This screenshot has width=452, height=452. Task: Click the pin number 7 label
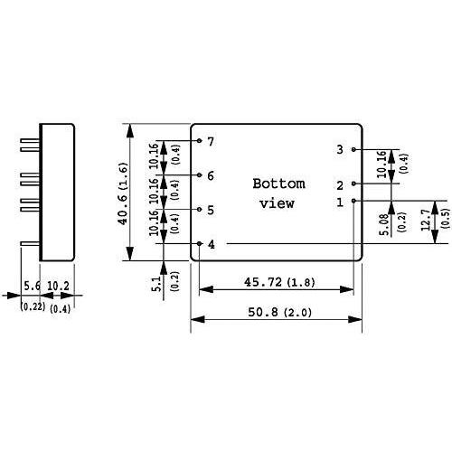click(x=211, y=141)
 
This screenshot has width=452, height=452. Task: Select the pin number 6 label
click(x=211, y=175)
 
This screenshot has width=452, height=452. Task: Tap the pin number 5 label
click(x=211, y=210)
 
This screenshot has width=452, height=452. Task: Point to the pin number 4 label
click(x=211, y=244)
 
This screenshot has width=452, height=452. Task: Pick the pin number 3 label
click(x=340, y=149)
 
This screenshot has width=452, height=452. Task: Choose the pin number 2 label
click(x=340, y=184)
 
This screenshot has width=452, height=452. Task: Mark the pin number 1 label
click(x=340, y=202)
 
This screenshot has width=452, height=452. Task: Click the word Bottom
click(x=278, y=183)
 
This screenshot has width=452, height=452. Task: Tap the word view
click(x=277, y=202)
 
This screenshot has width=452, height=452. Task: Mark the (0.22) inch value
click(x=32, y=308)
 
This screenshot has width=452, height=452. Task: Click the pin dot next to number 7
click(x=198, y=141)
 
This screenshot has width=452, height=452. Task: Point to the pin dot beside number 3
click(x=353, y=149)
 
